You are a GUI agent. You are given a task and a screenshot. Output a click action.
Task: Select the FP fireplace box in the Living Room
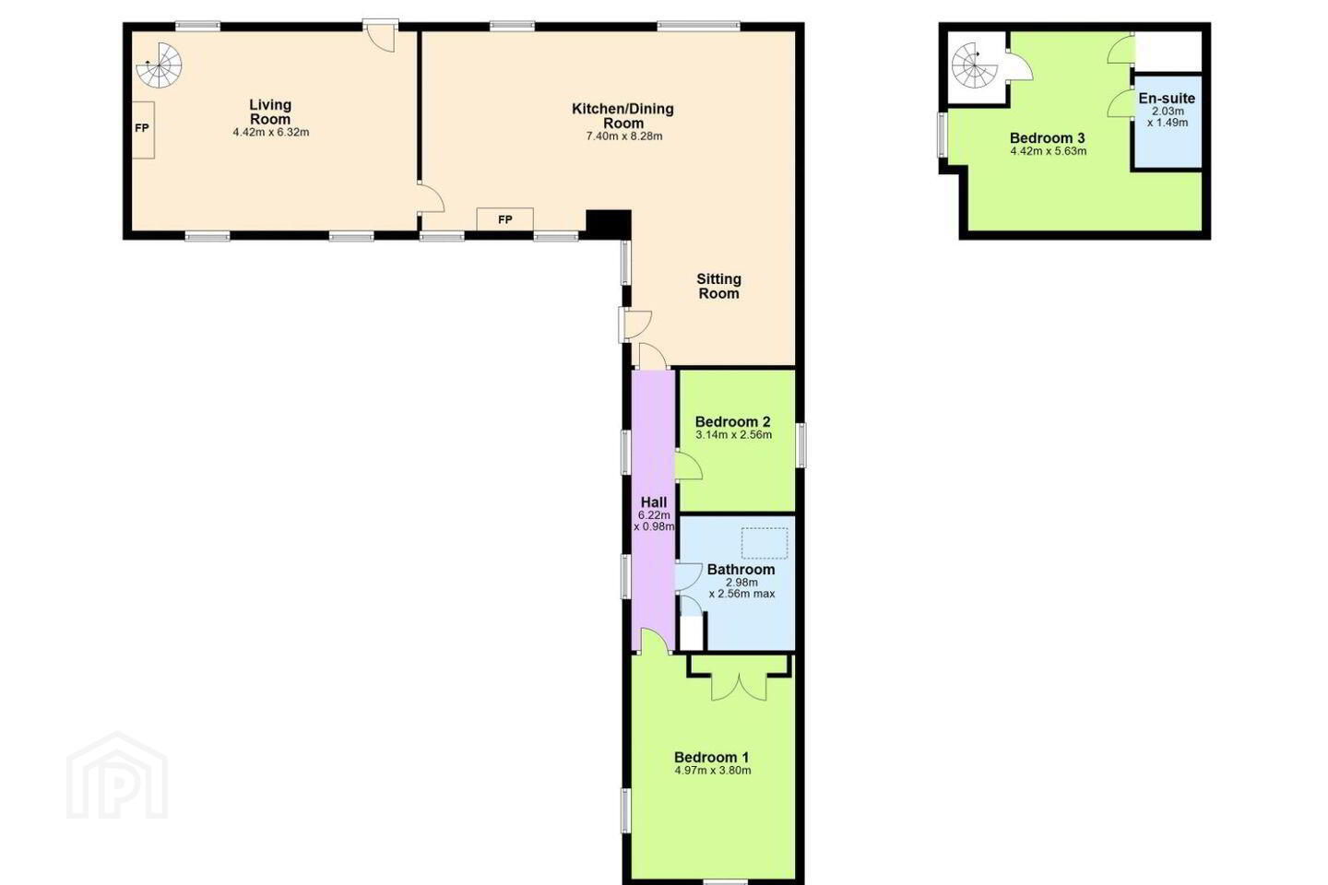[x=142, y=130]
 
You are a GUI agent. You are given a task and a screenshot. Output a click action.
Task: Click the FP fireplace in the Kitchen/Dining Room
[x=505, y=219]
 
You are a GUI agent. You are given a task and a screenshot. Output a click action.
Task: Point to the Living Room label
[x=270, y=112]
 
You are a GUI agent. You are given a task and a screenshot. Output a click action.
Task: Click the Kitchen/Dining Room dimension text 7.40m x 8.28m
[x=624, y=136]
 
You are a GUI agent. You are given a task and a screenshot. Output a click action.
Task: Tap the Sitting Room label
[x=718, y=286]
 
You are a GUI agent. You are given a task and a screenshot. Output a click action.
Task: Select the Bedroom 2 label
[x=733, y=421]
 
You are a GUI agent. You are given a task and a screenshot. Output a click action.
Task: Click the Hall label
[x=653, y=502]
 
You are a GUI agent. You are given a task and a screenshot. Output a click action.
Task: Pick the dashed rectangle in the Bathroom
[x=765, y=543]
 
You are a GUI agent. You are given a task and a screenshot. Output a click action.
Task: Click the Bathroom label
[x=741, y=569]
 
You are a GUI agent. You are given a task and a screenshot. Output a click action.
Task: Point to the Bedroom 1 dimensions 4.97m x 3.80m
[x=713, y=771]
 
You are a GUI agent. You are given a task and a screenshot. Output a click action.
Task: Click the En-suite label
[x=1167, y=98]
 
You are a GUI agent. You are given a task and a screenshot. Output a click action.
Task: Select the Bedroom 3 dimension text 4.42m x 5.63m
[x=1049, y=151]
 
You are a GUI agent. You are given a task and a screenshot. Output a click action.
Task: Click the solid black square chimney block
[x=609, y=224]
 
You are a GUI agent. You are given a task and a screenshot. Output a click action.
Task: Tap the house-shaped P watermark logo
[x=117, y=775]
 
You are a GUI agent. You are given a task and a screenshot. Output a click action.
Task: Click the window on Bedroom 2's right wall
[x=800, y=445]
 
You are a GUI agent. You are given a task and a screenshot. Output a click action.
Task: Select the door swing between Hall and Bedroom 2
[x=689, y=466]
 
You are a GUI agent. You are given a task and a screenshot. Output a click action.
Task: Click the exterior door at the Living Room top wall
[x=381, y=37]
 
